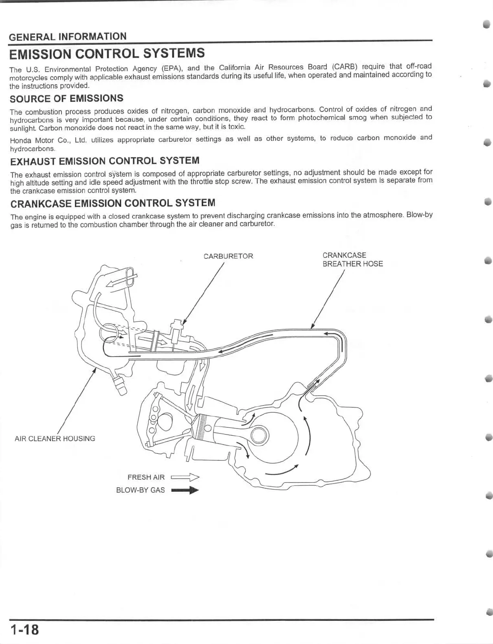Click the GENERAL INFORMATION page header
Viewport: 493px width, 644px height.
pos(68,37)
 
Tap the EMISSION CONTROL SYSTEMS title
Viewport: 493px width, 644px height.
pos(107,54)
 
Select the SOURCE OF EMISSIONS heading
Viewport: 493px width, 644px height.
pos(66,99)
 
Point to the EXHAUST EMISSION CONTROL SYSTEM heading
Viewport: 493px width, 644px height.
pos(105,161)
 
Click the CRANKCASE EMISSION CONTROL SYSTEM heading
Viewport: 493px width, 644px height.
pos(112,203)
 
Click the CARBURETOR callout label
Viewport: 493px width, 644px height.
pos(228,256)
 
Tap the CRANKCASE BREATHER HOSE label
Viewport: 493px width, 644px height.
pos(352,259)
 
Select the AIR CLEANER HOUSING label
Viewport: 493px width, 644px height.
pos(55,438)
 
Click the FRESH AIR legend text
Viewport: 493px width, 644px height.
pos(146,477)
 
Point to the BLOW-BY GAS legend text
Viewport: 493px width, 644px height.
pos(140,490)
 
